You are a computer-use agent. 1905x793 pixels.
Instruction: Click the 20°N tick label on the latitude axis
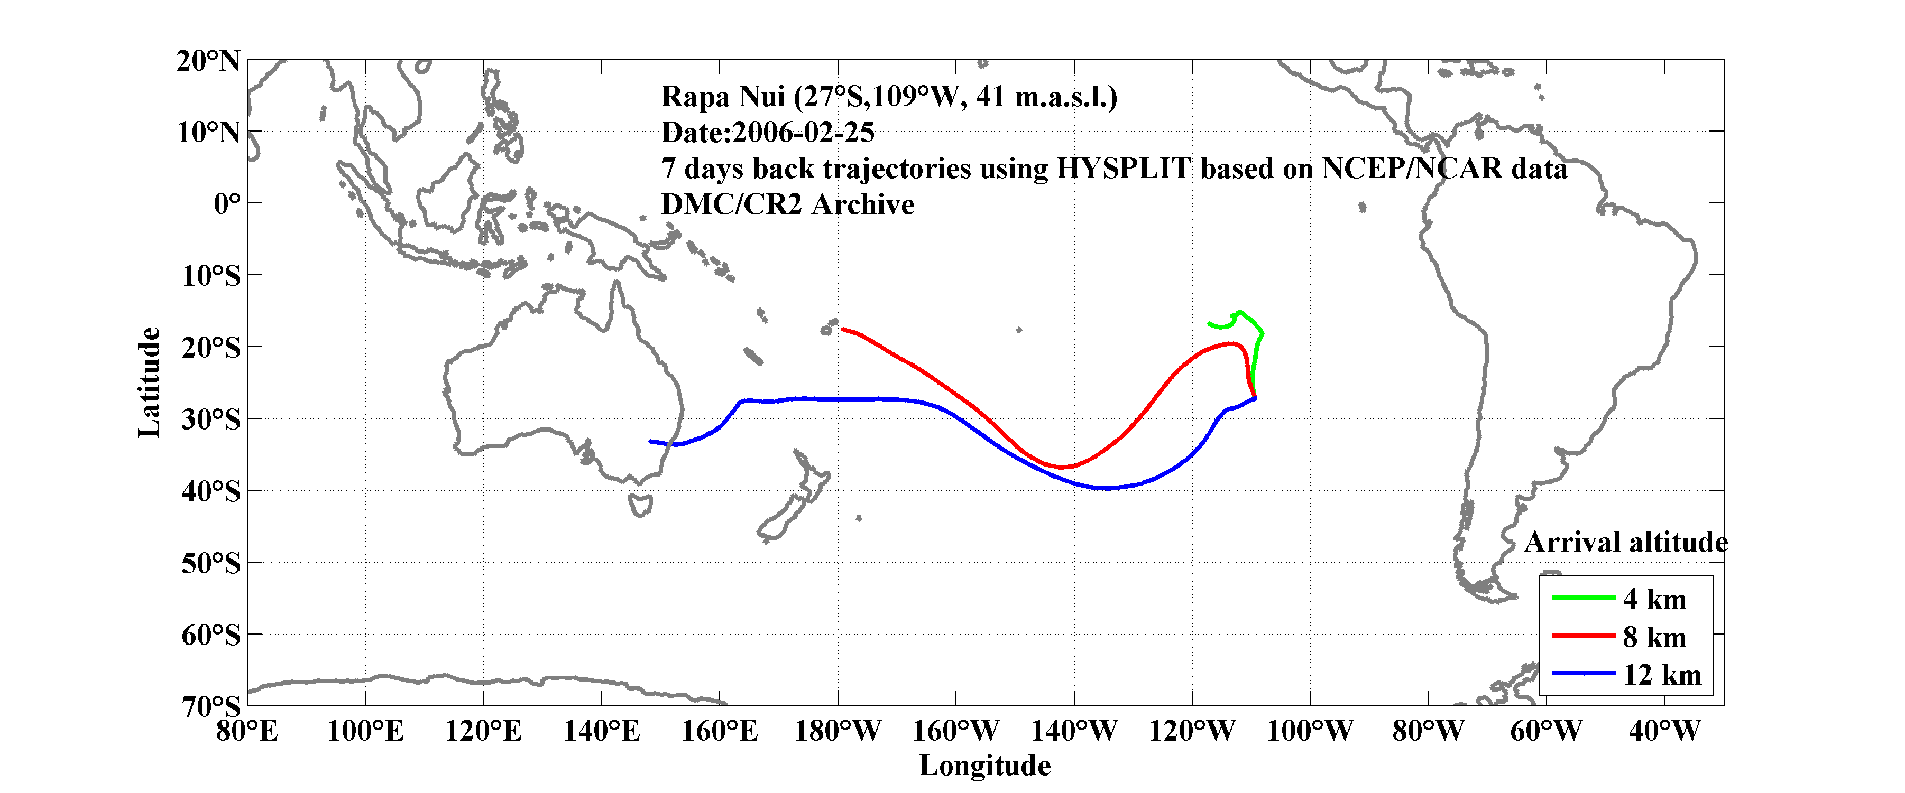(x=208, y=61)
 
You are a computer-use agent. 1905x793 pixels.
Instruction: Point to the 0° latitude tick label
(x=226, y=204)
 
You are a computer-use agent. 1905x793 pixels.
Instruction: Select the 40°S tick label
(x=211, y=491)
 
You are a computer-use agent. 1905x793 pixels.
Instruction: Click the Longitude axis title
(x=984, y=766)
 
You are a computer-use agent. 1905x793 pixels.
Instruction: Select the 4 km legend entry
(x=1654, y=599)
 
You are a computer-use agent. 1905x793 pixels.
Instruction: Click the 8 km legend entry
(x=1654, y=637)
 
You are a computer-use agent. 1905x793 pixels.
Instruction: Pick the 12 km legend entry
(x=1662, y=675)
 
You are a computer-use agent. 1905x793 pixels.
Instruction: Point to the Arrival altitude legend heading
(x=1625, y=543)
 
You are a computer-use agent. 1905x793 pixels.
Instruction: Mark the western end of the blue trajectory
(x=651, y=441)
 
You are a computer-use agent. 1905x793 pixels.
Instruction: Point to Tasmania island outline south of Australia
(x=640, y=506)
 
